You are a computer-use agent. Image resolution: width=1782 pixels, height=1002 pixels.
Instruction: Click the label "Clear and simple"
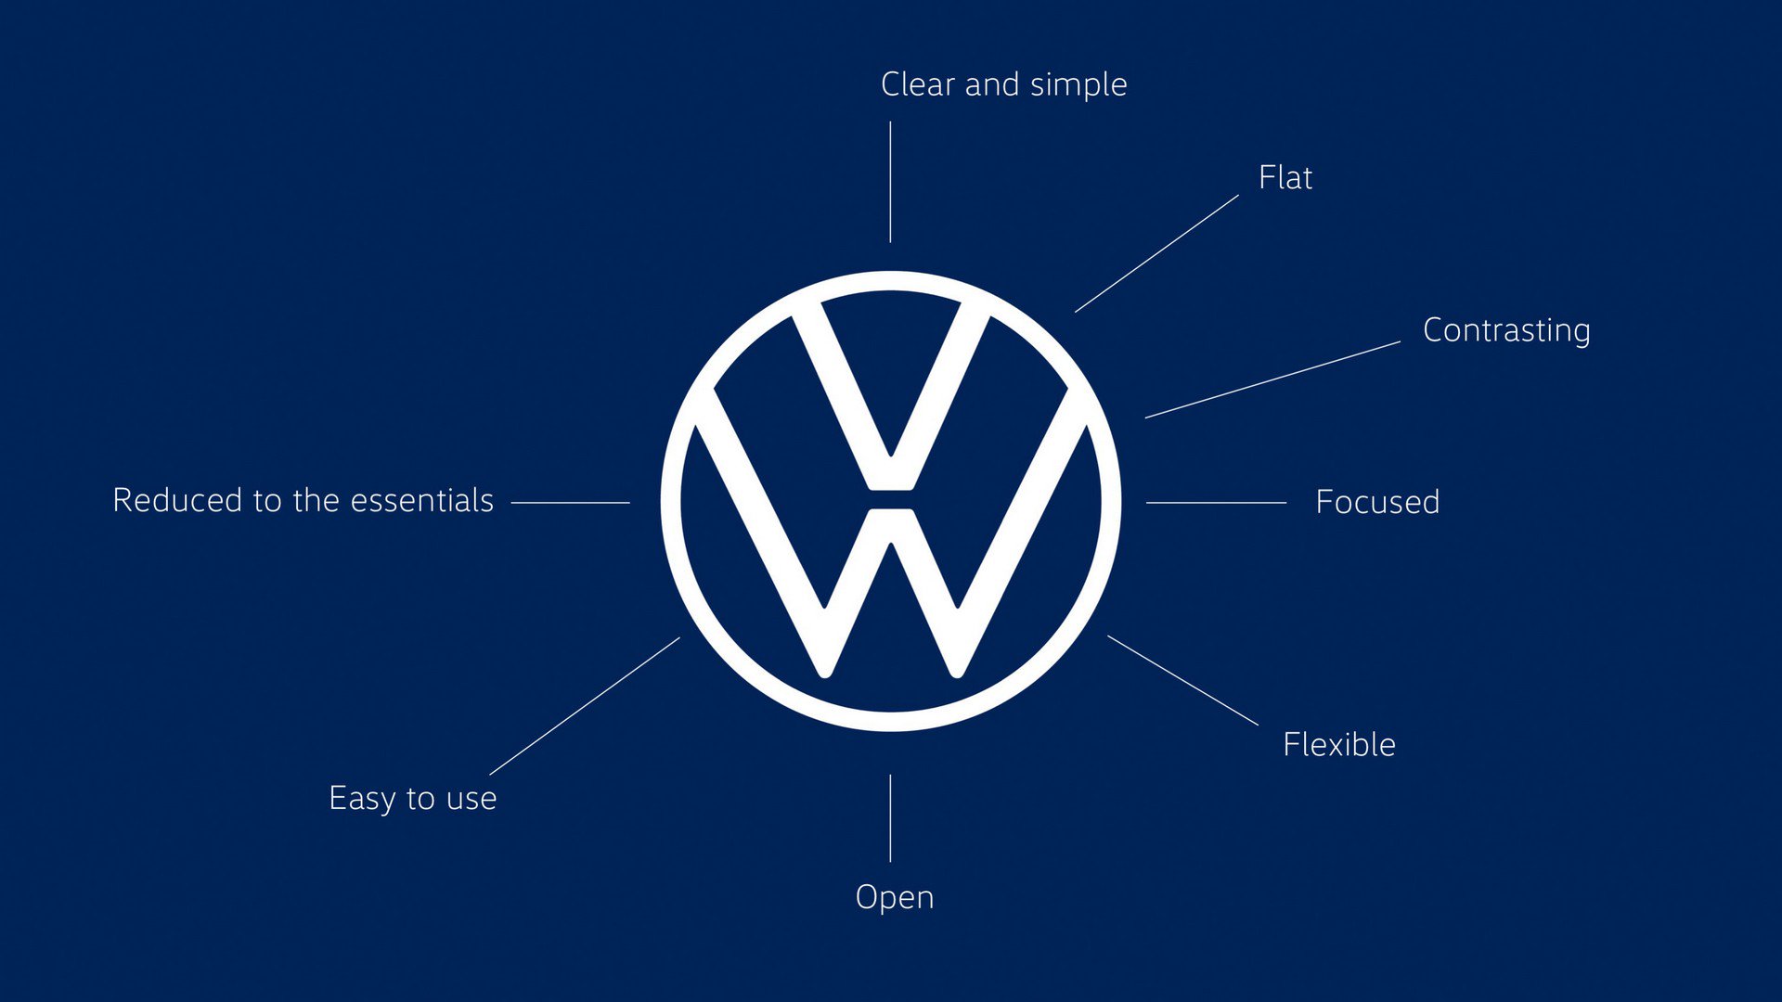click(1004, 84)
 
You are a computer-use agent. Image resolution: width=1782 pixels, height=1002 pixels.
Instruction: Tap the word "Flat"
click(1285, 177)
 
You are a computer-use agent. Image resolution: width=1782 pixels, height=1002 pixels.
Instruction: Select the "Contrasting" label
click(1506, 331)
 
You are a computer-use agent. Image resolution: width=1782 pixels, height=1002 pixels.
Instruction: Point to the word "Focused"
click(1377, 502)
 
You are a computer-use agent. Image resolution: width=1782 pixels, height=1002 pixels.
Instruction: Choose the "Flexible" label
click(1339, 744)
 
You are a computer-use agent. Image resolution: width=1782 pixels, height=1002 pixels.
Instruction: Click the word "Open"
click(895, 898)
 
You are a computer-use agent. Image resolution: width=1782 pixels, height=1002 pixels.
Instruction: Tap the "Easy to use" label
click(413, 799)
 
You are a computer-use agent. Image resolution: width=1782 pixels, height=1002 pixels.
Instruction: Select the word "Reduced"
click(177, 500)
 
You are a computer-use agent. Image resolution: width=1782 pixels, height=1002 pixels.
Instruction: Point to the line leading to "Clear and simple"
click(890, 182)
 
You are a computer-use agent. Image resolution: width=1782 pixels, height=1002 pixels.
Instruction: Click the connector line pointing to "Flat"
click(1156, 253)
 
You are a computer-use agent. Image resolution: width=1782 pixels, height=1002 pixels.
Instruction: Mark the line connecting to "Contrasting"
click(1272, 379)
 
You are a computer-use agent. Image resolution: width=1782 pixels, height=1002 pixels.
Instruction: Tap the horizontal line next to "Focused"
click(1216, 502)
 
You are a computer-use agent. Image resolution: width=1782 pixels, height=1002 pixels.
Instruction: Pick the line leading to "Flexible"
click(1182, 680)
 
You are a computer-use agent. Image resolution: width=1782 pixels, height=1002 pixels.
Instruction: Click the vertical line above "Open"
click(890, 818)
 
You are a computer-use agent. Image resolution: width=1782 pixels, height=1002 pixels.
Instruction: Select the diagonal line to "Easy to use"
click(585, 706)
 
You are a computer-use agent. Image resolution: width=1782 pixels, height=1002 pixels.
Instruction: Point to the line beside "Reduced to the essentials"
click(570, 502)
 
